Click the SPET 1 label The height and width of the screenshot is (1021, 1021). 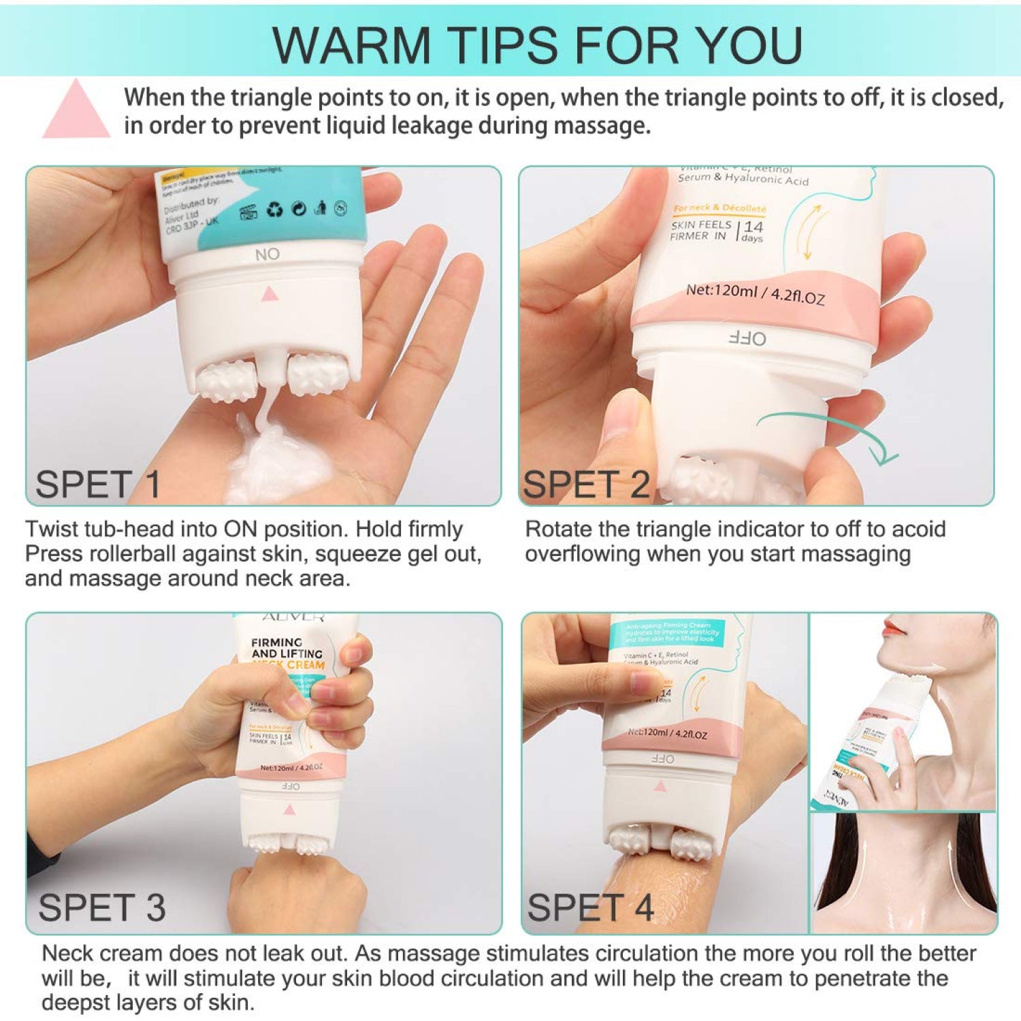pos(97,485)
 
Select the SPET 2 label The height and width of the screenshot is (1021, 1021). pos(585,485)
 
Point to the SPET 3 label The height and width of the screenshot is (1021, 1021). pos(102,907)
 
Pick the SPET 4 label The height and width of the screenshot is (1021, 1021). pos(590,907)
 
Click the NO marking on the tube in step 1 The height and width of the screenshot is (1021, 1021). pos(268,255)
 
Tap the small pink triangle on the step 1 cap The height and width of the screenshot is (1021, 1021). pos(270,293)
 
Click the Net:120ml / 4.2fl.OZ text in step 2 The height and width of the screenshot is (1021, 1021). pos(755,293)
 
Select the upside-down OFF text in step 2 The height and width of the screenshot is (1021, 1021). pos(747,338)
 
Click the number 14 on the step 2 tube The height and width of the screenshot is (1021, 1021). pos(753,227)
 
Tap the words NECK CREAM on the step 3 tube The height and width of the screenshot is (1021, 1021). pos(289,664)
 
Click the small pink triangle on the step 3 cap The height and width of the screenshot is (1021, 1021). pos(289,810)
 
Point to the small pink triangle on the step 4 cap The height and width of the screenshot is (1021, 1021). pos(660,786)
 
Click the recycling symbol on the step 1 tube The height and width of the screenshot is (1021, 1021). pos(274,210)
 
